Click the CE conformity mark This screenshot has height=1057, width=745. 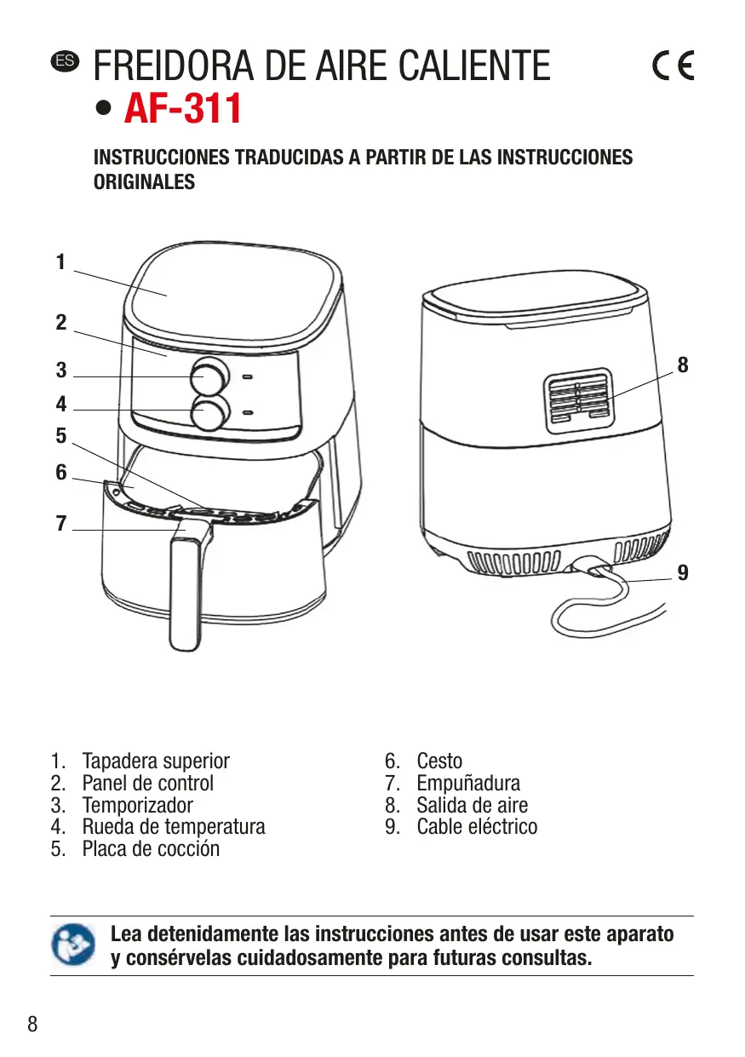point(673,66)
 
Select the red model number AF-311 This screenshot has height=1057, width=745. point(183,109)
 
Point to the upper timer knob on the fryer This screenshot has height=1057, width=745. point(209,375)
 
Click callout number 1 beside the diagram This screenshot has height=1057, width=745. point(60,263)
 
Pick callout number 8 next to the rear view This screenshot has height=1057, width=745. point(682,365)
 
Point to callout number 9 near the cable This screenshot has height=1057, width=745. point(683,573)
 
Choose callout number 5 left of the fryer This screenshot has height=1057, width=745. point(60,436)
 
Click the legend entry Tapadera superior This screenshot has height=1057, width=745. point(156,761)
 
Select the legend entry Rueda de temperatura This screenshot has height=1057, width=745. point(174,826)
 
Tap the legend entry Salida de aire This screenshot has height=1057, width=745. point(472,805)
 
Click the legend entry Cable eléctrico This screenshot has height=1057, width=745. point(477,826)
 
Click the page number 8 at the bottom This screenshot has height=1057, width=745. point(33,1024)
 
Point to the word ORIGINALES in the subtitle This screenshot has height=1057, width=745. point(144,181)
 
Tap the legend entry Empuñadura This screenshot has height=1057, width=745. point(467,783)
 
